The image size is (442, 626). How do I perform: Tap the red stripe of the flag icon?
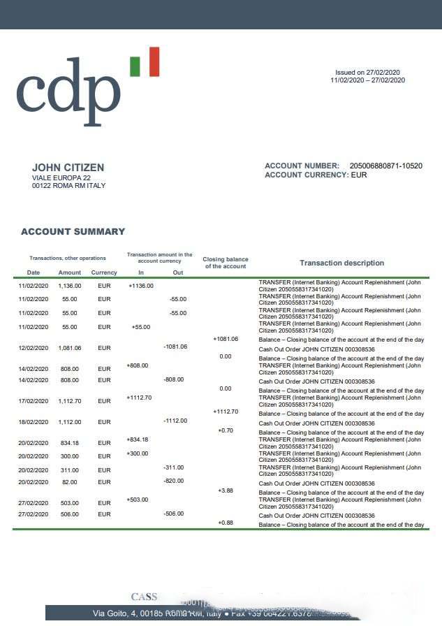click(x=154, y=61)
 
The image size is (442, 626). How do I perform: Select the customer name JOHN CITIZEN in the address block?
click(x=68, y=168)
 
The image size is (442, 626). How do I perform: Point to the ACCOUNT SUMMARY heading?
click(x=73, y=232)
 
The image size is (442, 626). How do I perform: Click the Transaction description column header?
click(x=341, y=263)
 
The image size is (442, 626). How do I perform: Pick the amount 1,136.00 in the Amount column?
click(x=70, y=286)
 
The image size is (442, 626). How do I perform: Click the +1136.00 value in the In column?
click(x=141, y=286)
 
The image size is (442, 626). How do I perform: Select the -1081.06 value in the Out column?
click(x=175, y=347)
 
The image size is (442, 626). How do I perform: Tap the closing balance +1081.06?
click(x=226, y=339)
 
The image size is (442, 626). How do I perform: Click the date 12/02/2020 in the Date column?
click(x=33, y=348)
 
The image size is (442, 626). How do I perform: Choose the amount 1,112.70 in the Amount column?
click(x=70, y=402)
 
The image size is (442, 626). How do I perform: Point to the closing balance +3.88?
click(x=226, y=491)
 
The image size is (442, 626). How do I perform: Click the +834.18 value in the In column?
click(x=138, y=440)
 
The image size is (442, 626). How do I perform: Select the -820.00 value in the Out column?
click(x=173, y=481)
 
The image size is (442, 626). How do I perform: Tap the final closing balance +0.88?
click(x=226, y=523)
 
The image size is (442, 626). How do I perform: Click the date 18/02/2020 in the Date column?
click(x=33, y=423)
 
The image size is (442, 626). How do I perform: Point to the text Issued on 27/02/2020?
click(x=367, y=73)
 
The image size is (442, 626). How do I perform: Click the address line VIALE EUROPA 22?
click(x=61, y=178)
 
